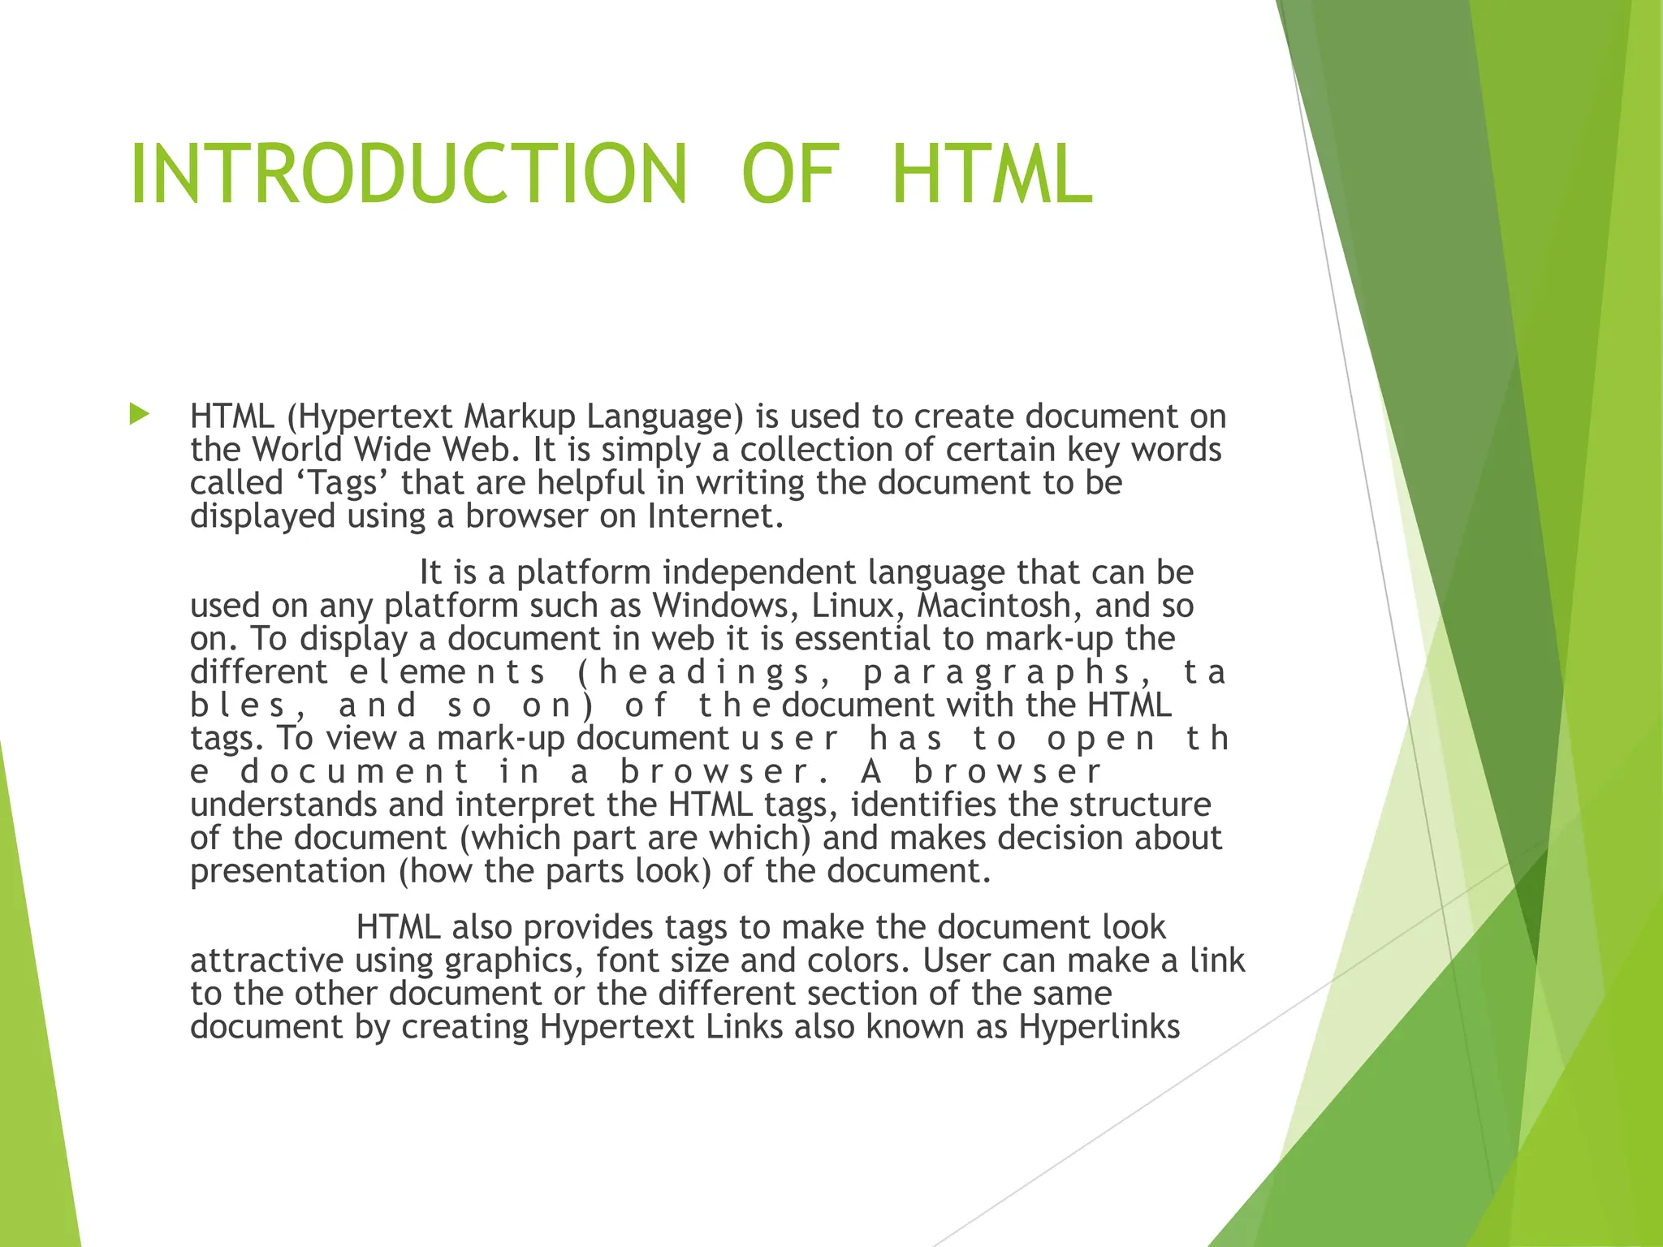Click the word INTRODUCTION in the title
click(x=408, y=174)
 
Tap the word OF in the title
click(x=789, y=174)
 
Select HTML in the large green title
click(x=991, y=174)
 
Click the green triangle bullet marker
click(x=140, y=416)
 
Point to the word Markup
click(x=520, y=416)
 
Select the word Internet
click(x=715, y=516)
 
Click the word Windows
click(x=725, y=606)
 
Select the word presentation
click(x=287, y=872)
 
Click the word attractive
click(x=266, y=961)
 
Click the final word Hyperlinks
click(x=1099, y=1028)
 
